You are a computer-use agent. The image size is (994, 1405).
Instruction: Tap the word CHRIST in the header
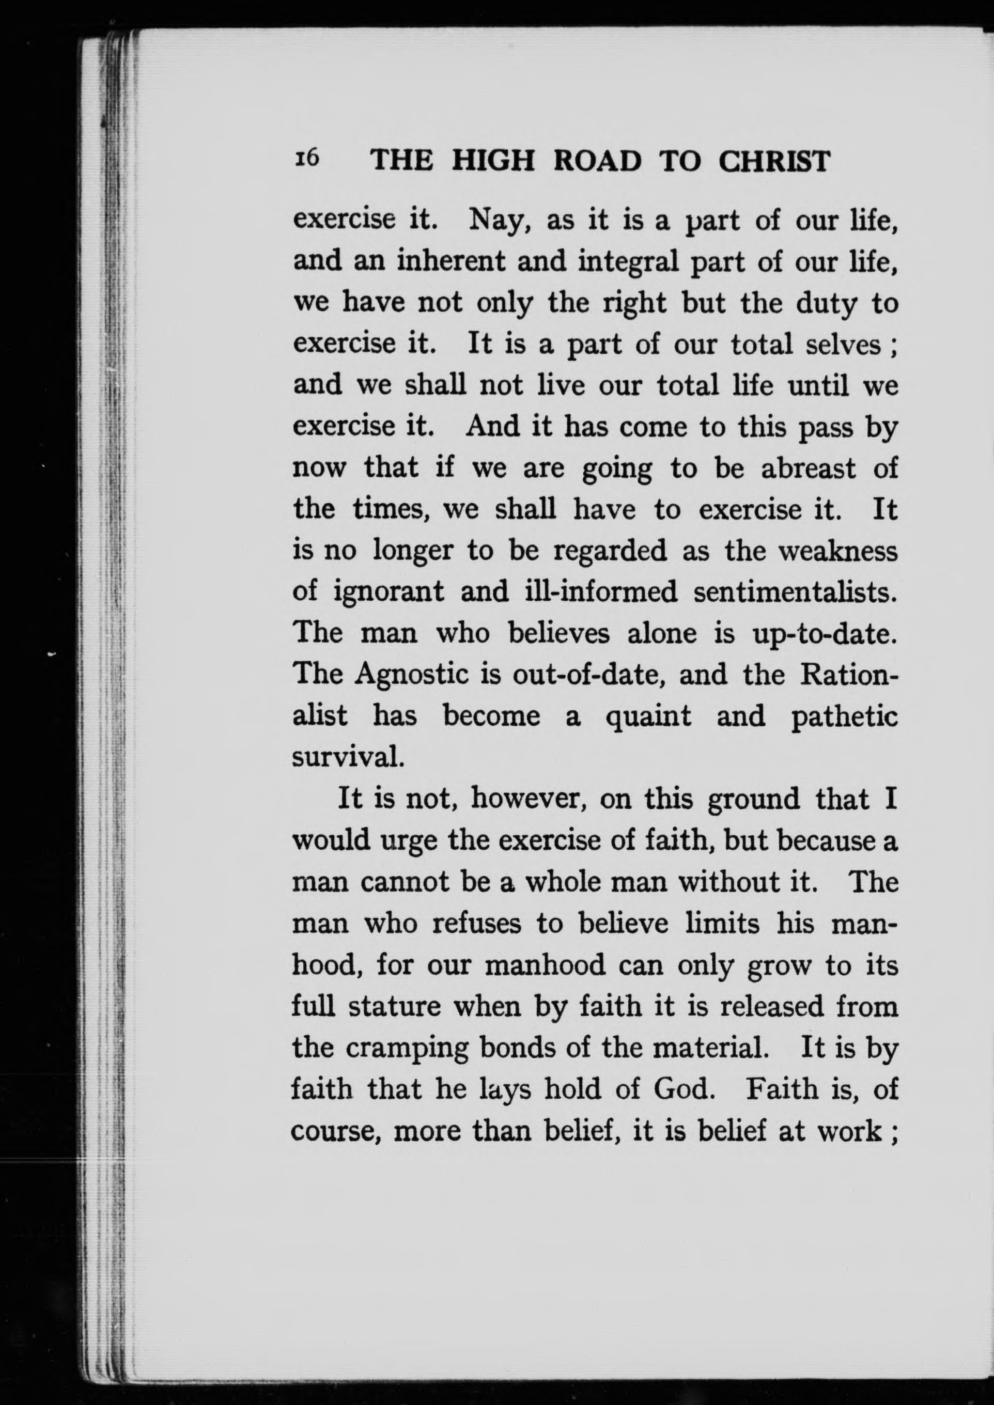774,162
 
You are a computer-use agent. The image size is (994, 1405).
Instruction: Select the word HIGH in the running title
493,162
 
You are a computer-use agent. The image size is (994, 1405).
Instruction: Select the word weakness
838,551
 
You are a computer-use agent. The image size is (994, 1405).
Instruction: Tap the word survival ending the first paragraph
348,758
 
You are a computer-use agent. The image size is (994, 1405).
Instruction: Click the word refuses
477,924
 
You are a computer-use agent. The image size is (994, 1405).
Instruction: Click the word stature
394,1007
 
